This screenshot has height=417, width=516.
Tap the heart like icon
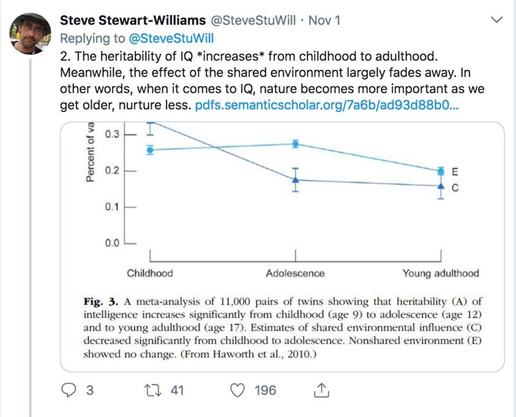[x=240, y=390]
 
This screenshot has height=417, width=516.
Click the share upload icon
[x=320, y=389]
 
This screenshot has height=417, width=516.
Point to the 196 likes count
[x=265, y=390]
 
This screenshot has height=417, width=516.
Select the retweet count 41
[x=176, y=390]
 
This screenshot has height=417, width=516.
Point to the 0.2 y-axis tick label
[x=111, y=170]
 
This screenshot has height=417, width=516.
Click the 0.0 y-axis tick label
[x=111, y=243]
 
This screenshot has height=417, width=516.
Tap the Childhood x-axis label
[x=150, y=273]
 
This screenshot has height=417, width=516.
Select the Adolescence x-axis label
[x=295, y=273]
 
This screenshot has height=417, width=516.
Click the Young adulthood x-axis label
[x=440, y=273]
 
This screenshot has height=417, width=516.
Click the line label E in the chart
[x=454, y=171]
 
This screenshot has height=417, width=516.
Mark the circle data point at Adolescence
[x=296, y=144]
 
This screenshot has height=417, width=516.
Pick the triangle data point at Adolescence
[x=296, y=179]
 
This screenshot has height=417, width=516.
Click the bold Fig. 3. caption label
[x=102, y=301]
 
